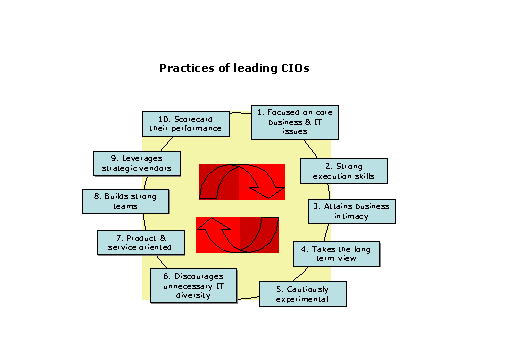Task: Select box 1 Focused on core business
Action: point(291,121)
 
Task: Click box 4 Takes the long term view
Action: point(338,252)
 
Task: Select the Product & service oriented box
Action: point(140,243)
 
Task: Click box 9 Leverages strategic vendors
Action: point(135,163)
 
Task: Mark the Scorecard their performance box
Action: point(186,124)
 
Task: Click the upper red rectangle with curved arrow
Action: point(241,183)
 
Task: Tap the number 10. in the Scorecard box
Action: point(166,119)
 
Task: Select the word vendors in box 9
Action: point(153,168)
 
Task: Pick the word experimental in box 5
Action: point(304,299)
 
